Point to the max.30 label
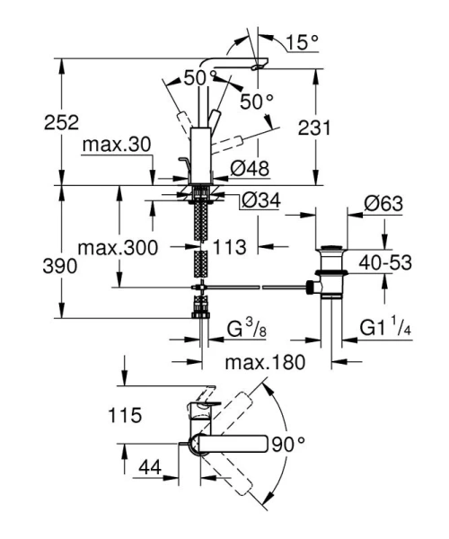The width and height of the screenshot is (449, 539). (111, 145)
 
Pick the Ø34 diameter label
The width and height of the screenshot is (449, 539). (260, 203)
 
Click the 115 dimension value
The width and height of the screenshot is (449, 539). (123, 416)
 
